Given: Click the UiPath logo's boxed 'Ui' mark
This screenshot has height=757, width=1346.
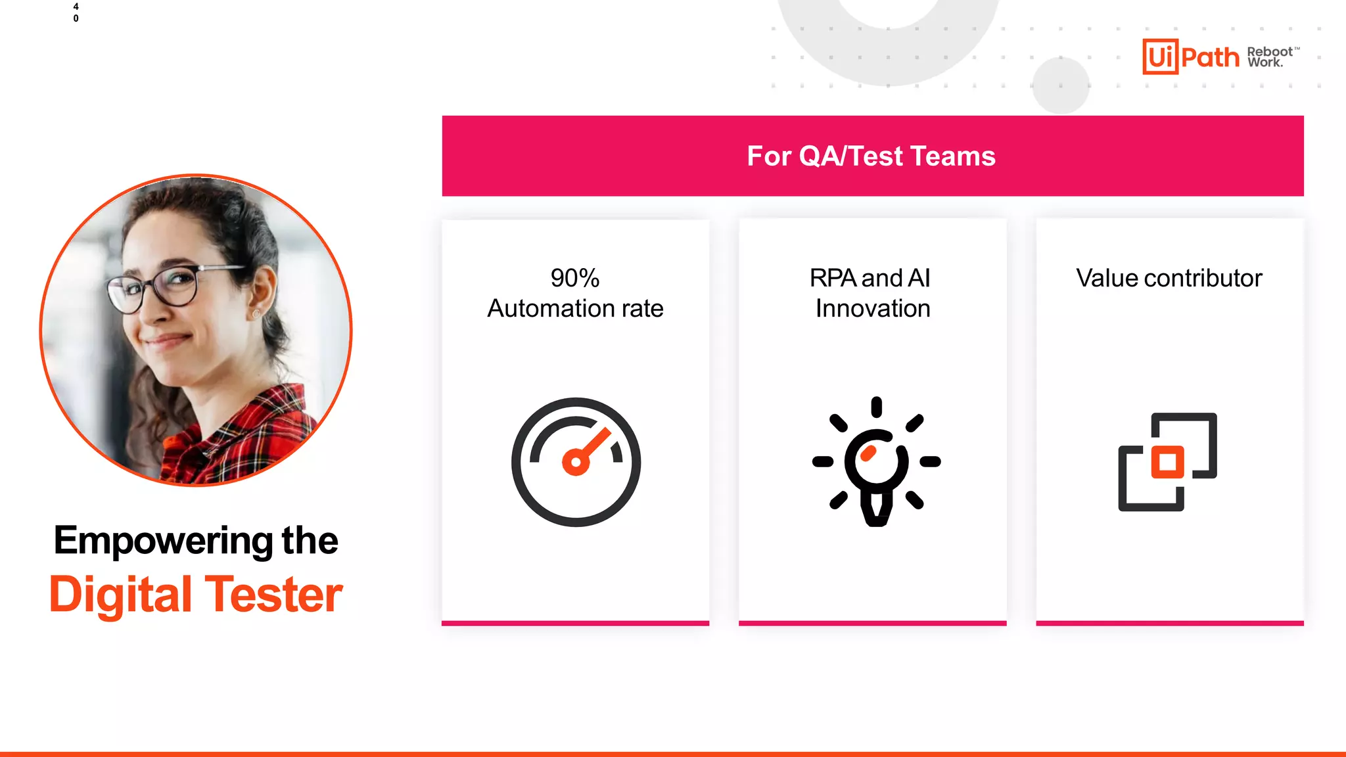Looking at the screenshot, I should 1160,57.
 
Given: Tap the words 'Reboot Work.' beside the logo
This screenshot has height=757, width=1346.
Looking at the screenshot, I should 1270,57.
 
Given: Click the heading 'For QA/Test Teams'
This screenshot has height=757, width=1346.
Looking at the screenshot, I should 871,156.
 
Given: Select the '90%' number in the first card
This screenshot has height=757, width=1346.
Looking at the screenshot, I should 575,278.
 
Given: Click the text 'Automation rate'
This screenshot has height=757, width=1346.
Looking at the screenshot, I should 575,308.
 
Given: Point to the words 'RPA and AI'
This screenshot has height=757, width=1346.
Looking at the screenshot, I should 870,278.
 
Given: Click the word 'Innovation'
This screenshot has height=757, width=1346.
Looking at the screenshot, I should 873,308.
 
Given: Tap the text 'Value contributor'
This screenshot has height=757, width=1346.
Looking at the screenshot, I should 1169,278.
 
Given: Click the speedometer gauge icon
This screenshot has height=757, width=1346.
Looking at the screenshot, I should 576,461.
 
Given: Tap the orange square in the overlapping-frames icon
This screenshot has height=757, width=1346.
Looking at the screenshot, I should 1167,461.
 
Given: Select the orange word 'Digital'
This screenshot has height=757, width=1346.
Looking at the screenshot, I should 120,595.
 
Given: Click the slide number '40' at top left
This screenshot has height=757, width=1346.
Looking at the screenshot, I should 76,12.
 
